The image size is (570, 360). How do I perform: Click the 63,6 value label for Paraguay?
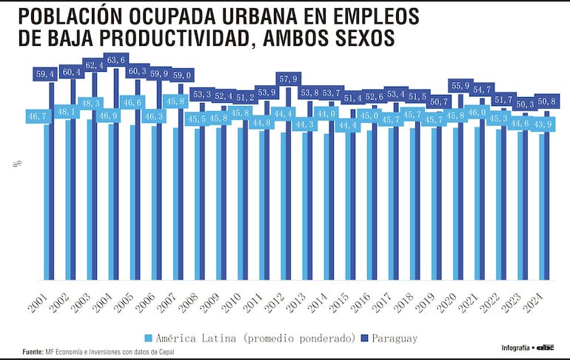(117, 60)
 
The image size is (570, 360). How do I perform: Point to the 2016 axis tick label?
(360, 303)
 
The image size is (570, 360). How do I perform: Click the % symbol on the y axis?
(16, 163)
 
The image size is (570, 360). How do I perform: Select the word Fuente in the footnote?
(33, 352)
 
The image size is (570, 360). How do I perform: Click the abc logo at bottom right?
(546, 347)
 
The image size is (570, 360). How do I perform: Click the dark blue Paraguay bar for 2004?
(116, 178)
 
